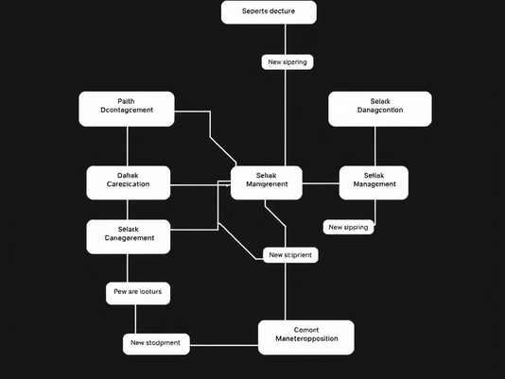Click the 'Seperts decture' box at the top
click(x=269, y=12)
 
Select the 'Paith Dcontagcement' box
click(x=127, y=109)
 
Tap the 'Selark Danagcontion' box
click(x=380, y=109)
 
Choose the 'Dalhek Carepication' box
click(x=129, y=182)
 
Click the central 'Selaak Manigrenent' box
click(x=267, y=182)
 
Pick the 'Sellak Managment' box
click(x=374, y=182)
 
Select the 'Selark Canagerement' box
click(x=129, y=237)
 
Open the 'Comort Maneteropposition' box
click(x=305, y=337)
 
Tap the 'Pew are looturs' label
click(x=138, y=293)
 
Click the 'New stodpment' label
click(x=156, y=343)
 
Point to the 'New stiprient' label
click(x=288, y=254)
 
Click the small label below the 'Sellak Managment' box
click(x=348, y=227)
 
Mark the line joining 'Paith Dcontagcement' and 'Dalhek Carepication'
click(x=127, y=146)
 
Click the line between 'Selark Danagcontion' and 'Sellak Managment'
click(x=375, y=146)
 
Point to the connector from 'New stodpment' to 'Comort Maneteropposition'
click(x=224, y=343)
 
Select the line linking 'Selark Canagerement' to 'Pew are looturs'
click(x=129, y=268)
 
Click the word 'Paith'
click(x=127, y=101)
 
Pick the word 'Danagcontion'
click(x=380, y=111)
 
